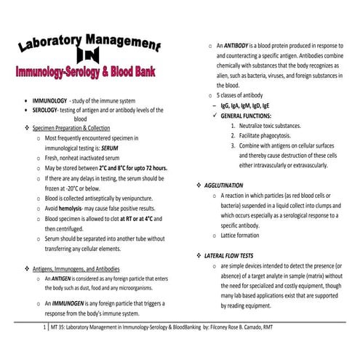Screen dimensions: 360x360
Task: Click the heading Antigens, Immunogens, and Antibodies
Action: (82, 268)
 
